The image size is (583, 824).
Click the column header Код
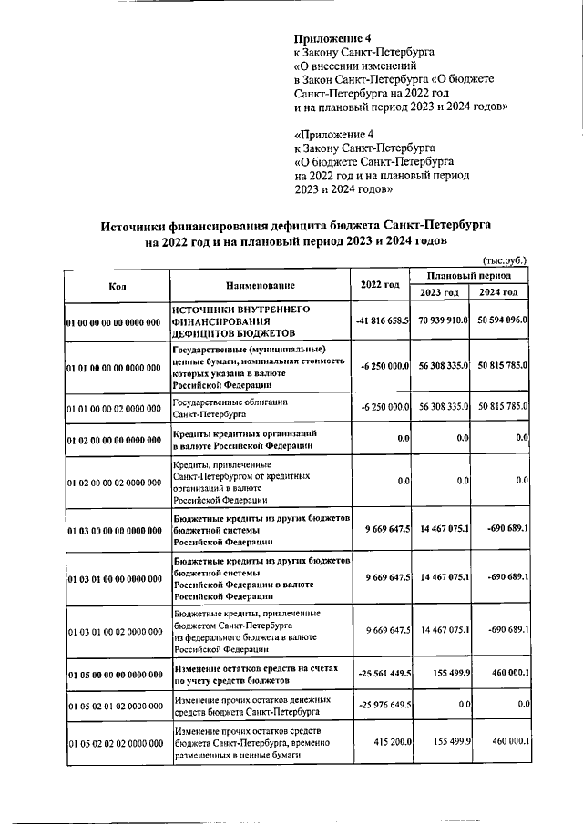116,286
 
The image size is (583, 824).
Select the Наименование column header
261,286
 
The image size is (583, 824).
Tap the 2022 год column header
380,286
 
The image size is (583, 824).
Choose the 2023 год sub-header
439,292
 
